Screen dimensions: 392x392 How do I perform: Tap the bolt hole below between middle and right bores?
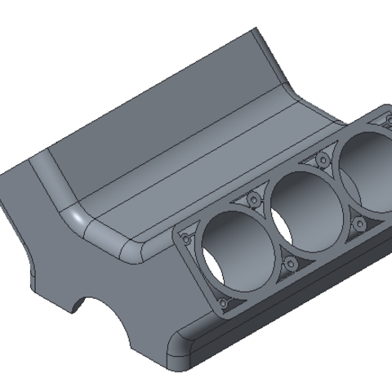tap(357, 222)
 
